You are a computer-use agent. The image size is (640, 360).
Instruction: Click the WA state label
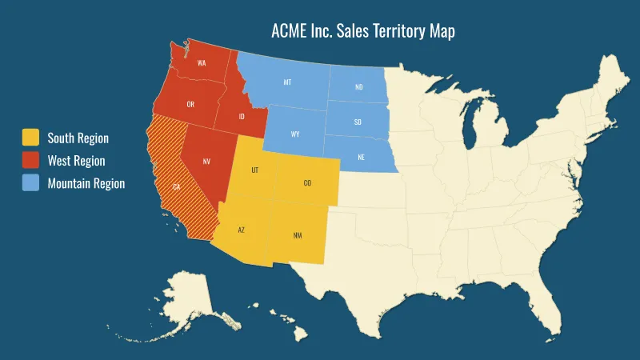pyautogui.click(x=202, y=63)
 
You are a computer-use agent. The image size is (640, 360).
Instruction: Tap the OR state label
pyautogui.click(x=190, y=105)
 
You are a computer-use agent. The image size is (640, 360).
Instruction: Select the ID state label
pyautogui.click(x=241, y=117)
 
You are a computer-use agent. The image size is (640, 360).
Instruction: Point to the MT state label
pyautogui.click(x=287, y=82)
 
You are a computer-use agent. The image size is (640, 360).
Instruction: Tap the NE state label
pyautogui.click(x=362, y=157)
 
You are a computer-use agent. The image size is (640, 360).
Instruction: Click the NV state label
pyautogui.click(x=206, y=162)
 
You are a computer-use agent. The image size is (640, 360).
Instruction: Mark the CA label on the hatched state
pyautogui.click(x=176, y=187)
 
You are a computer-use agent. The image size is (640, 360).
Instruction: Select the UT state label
pyautogui.click(x=254, y=170)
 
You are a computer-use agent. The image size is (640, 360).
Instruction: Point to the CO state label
pyautogui.click(x=307, y=183)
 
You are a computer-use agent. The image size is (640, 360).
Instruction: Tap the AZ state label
pyautogui.click(x=241, y=230)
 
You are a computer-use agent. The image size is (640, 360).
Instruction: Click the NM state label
pyautogui.click(x=298, y=235)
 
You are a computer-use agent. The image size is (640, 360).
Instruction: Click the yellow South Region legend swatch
pyautogui.click(x=30, y=138)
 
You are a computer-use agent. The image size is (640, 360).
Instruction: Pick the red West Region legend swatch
pyautogui.click(x=30, y=160)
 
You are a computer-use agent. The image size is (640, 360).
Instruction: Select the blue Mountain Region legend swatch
pyautogui.click(x=30, y=183)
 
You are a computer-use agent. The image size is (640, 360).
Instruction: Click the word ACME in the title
pyautogui.click(x=288, y=32)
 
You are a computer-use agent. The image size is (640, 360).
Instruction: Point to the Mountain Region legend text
pyautogui.click(x=86, y=183)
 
